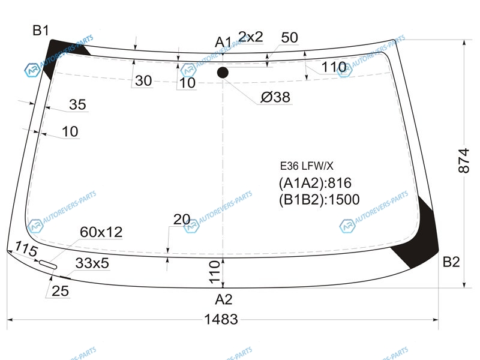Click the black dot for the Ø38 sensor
[x=223, y=73]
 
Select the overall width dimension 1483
[x=221, y=319]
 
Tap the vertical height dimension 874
[x=464, y=161]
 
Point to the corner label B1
[x=41, y=31]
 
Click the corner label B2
[x=451, y=262]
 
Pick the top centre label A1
[x=223, y=42]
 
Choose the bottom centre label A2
[x=224, y=299]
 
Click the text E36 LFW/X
[x=307, y=166]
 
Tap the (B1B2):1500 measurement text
[x=319, y=200]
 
